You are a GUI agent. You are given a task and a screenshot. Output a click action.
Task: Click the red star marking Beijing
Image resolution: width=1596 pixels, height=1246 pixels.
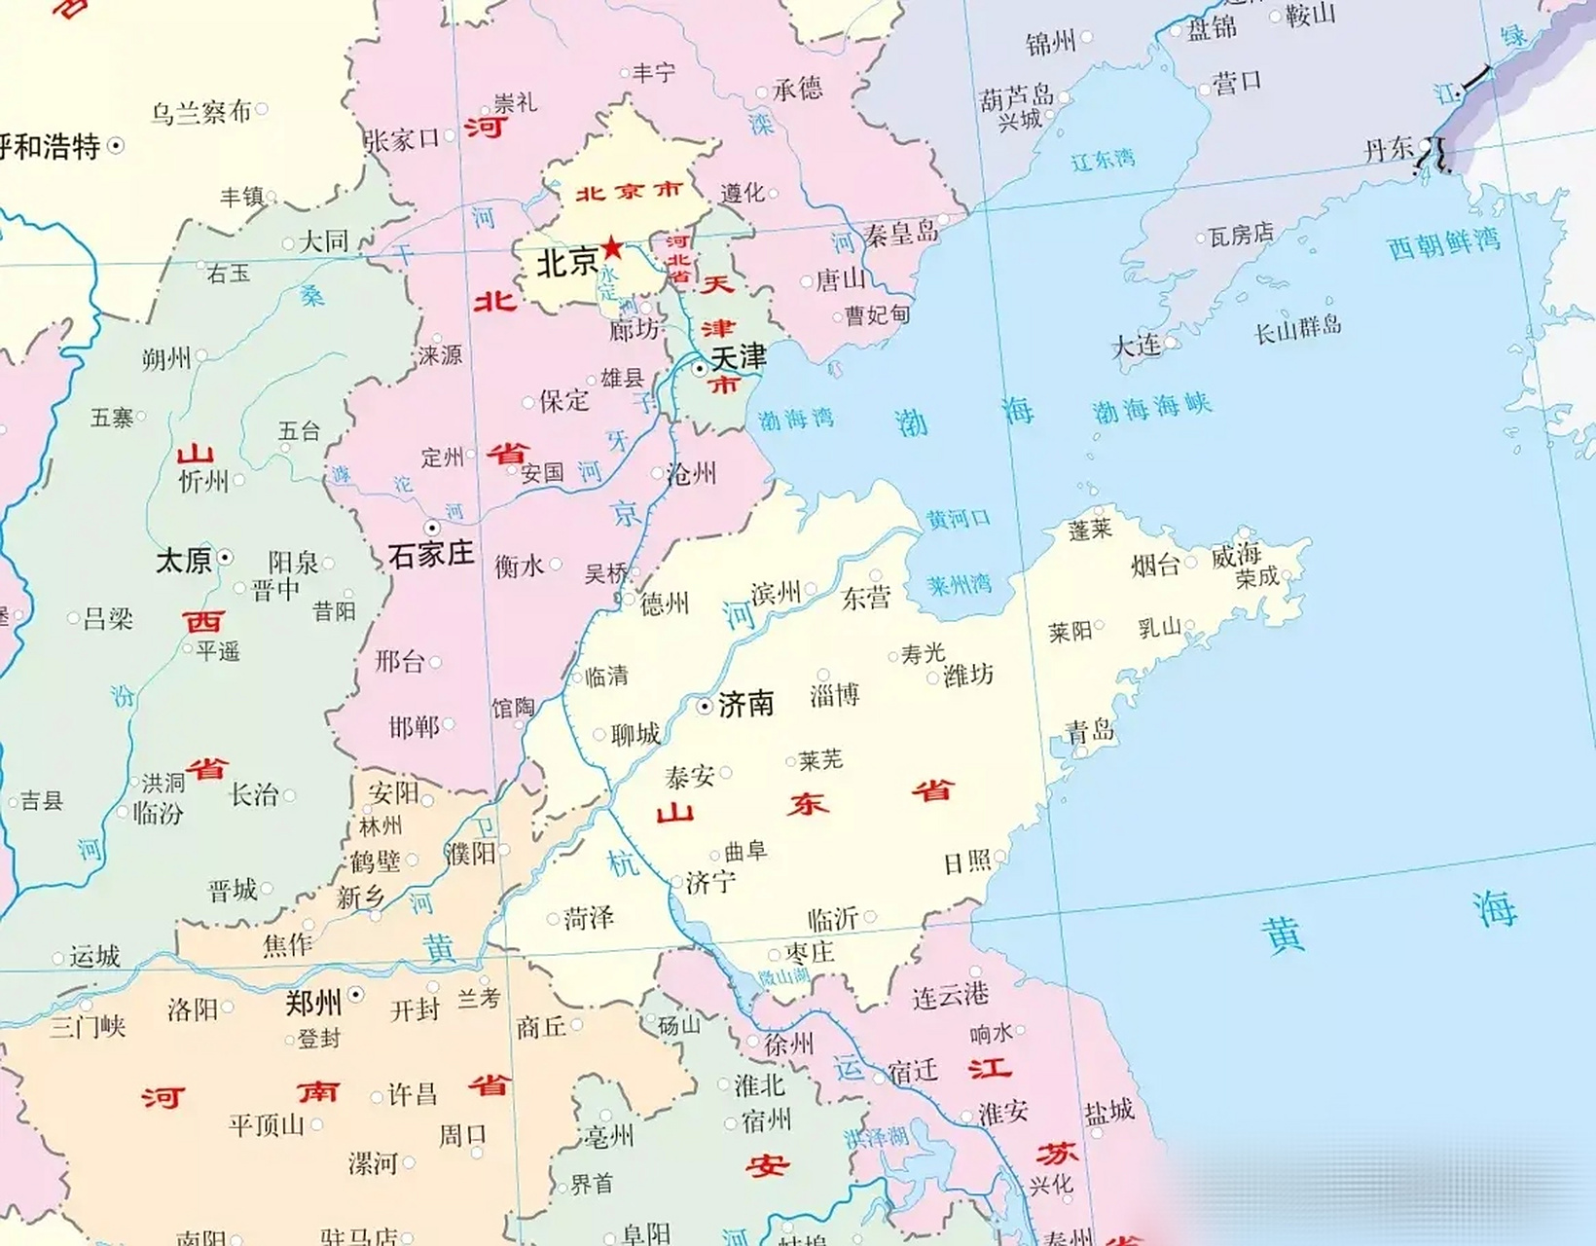click(612, 247)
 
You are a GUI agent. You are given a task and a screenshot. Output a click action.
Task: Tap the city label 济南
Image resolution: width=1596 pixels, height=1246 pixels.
click(745, 704)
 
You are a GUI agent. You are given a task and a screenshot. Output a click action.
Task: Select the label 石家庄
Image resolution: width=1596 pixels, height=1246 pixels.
click(430, 554)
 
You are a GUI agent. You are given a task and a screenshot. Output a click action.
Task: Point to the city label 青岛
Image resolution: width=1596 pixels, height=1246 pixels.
click(1089, 731)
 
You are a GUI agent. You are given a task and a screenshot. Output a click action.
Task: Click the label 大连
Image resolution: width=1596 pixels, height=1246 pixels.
click(1136, 346)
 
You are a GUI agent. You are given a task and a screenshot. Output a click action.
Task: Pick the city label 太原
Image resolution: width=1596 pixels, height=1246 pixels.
click(184, 560)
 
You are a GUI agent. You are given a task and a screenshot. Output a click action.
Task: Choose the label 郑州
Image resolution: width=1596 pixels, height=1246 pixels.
click(313, 1002)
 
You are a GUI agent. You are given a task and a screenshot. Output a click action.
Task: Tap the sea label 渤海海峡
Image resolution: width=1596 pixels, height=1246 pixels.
click(1151, 408)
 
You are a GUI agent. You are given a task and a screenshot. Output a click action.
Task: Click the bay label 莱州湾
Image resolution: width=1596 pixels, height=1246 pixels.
click(959, 584)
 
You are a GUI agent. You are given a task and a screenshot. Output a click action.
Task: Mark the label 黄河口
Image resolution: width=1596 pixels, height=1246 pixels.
click(958, 519)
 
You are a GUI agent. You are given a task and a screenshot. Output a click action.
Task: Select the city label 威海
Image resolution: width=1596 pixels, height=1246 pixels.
click(1236, 556)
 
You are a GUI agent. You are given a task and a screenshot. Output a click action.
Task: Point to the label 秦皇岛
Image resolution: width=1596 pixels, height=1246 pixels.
click(901, 234)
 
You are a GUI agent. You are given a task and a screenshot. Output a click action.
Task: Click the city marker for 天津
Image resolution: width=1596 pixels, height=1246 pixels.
click(700, 369)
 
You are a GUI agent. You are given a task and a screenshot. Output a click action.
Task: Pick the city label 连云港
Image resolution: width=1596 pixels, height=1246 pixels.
click(950, 994)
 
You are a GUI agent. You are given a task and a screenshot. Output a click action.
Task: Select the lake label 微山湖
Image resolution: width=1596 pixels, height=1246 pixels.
click(784, 976)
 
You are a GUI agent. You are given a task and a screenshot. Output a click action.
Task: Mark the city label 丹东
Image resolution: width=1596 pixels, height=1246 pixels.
click(1389, 149)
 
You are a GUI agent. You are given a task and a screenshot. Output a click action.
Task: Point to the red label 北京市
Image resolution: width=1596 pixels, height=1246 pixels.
click(629, 192)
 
